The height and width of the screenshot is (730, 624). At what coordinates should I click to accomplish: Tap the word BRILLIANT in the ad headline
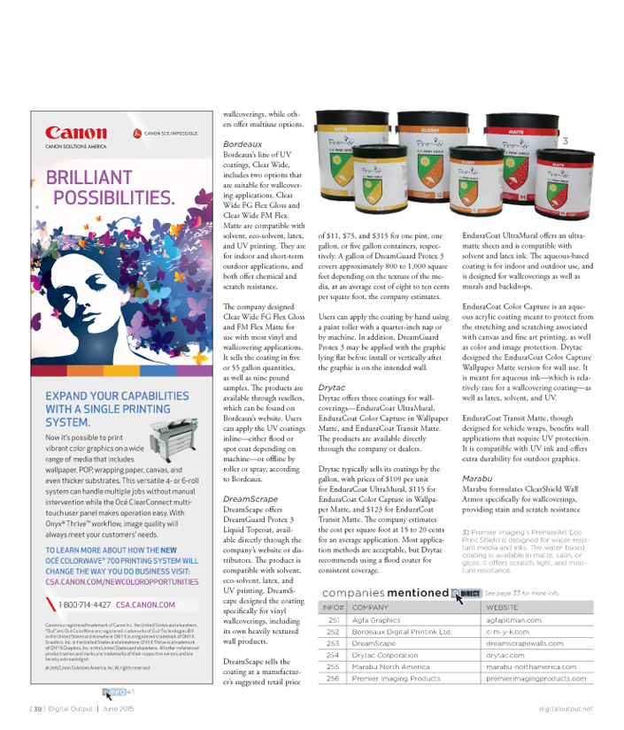90,177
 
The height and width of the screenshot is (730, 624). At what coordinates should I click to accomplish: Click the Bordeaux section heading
243,143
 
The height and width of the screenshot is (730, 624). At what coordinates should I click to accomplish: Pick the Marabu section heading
480,478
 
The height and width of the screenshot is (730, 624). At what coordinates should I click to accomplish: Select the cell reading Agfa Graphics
376,620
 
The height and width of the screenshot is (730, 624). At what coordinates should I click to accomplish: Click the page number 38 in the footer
38,708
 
